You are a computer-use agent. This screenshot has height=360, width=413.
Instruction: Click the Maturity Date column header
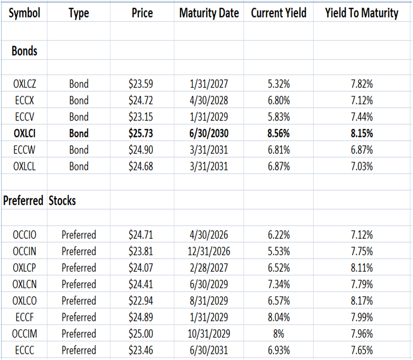(209, 13)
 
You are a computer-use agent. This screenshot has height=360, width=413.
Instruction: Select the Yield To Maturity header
(362, 13)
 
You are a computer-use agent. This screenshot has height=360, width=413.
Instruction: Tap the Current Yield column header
(278, 13)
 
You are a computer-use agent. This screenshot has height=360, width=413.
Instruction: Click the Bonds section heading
(24, 51)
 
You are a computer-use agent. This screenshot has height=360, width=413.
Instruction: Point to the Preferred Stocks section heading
(40, 200)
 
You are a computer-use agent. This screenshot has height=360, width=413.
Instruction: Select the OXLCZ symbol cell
(24, 84)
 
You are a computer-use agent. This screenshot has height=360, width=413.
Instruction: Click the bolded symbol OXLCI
(24, 133)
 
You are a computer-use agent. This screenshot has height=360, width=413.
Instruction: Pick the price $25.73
(141, 133)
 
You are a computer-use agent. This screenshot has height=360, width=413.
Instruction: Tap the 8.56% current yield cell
(278, 133)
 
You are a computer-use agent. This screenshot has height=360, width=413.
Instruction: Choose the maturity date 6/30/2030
(209, 133)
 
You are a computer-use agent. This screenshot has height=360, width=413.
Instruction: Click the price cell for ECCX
(141, 100)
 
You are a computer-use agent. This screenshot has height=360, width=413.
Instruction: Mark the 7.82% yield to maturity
(362, 84)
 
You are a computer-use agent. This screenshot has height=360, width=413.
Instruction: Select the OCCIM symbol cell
(24, 334)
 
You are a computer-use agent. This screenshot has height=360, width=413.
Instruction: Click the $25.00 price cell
(141, 334)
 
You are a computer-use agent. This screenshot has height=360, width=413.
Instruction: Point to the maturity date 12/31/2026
(209, 252)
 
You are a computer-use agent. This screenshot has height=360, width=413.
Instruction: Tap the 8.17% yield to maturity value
(362, 301)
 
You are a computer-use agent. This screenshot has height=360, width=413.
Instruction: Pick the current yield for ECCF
(278, 317)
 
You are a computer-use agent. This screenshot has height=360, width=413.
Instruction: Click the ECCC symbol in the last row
(24, 350)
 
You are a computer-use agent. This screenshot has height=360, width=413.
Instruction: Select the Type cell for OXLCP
(79, 268)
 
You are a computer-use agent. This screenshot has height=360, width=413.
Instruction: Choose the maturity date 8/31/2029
(209, 301)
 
